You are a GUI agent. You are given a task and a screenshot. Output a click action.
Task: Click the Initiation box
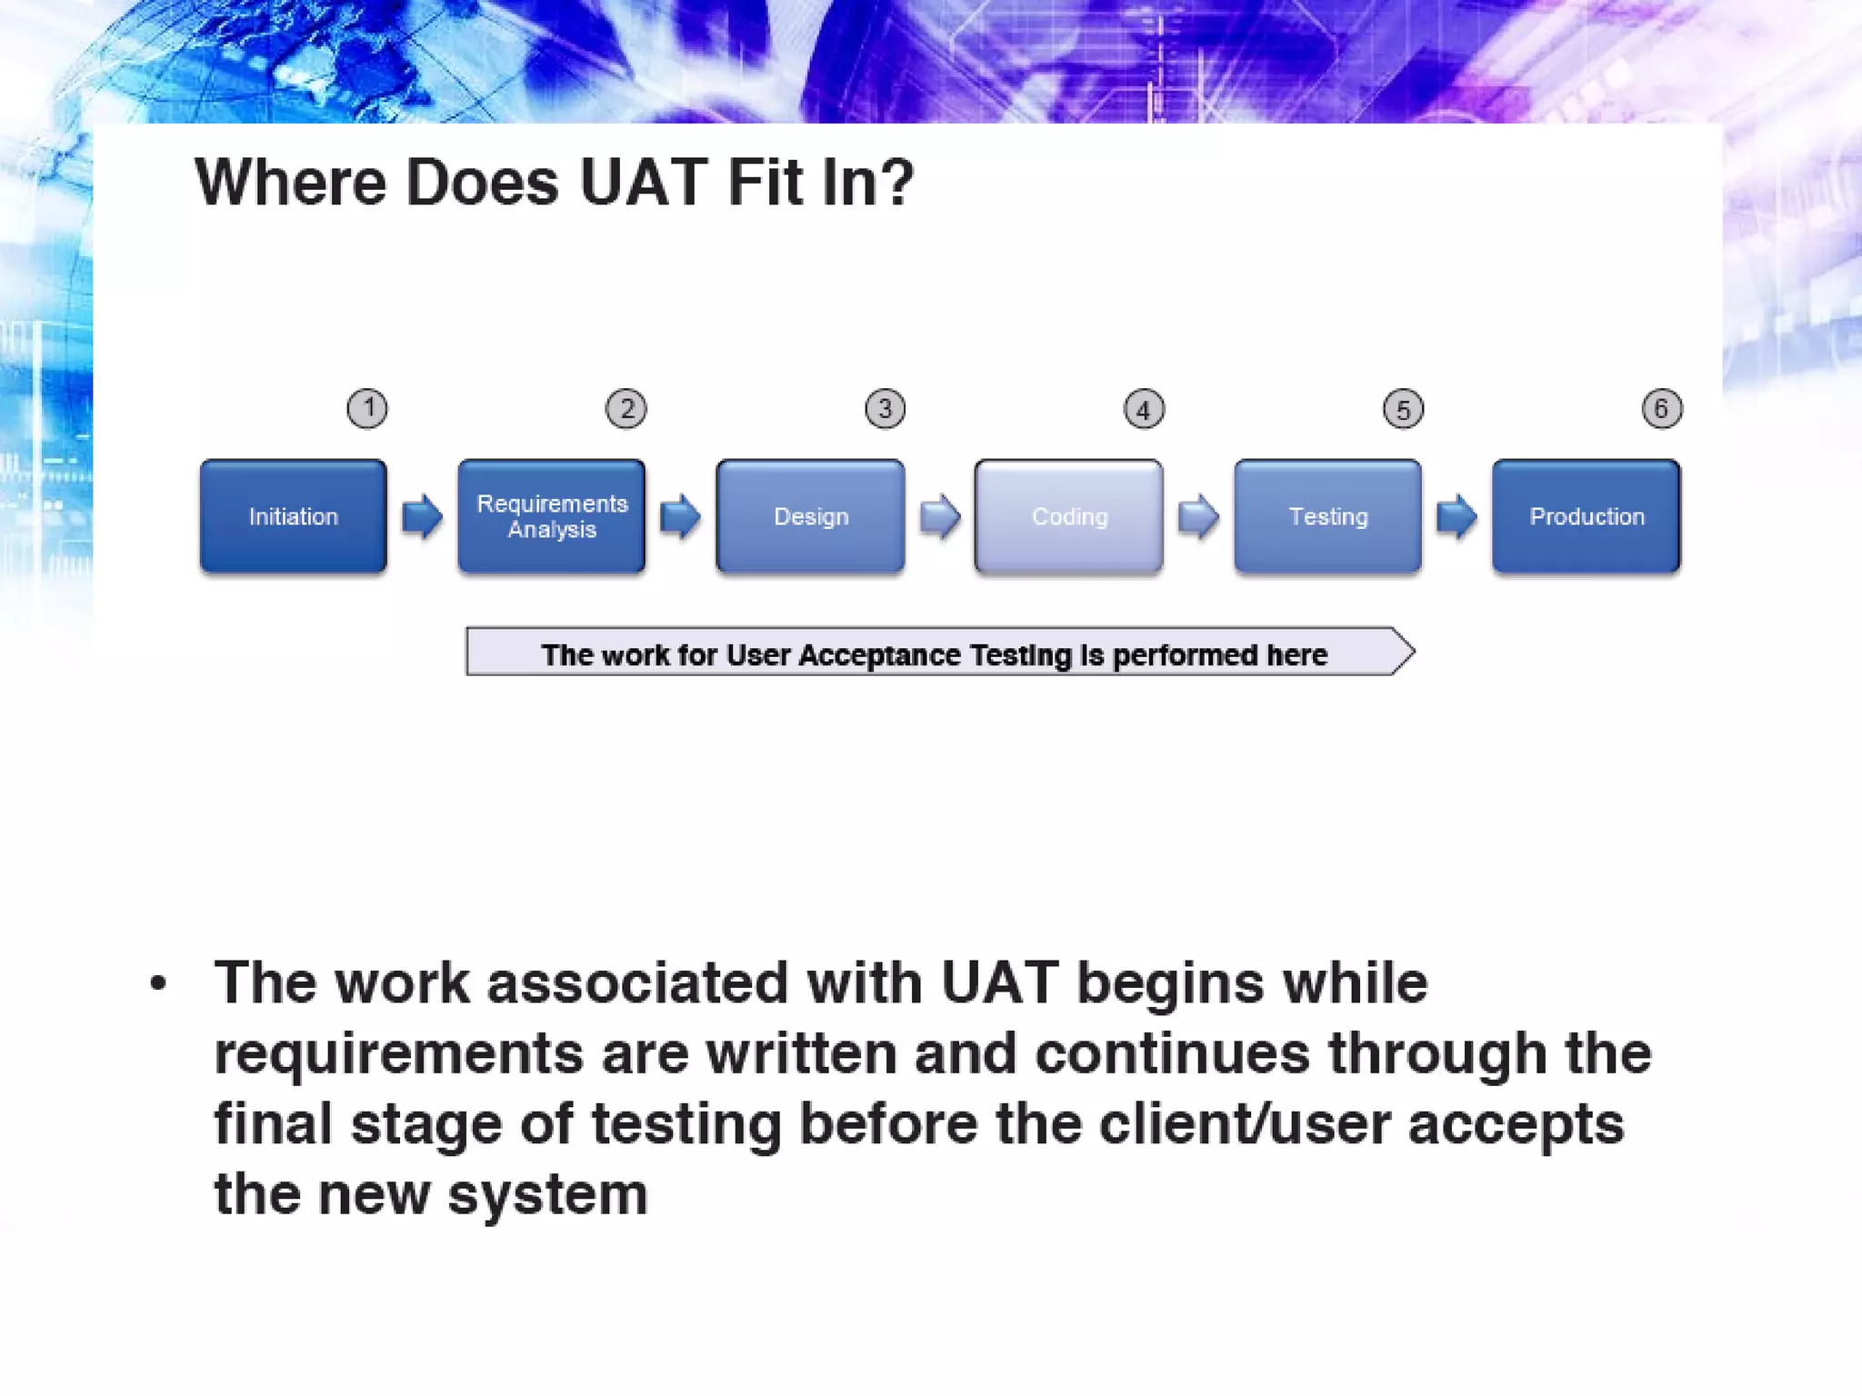(x=293, y=516)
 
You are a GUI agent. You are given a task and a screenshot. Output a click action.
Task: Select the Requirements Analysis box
(x=552, y=516)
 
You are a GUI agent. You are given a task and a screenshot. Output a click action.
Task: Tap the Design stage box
(x=810, y=516)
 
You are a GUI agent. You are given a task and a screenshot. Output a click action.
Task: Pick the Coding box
(x=1069, y=516)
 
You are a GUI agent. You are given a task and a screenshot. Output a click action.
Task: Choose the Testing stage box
(x=1327, y=516)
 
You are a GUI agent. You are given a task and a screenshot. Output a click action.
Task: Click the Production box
(x=1587, y=516)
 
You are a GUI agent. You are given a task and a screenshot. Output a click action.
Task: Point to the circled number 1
(x=367, y=409)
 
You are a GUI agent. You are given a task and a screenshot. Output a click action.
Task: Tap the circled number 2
(x=626, y=409)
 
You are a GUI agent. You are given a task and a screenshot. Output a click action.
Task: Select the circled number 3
(x=885, y=409)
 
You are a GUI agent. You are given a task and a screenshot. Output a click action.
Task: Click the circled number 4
(x=1144, y=410)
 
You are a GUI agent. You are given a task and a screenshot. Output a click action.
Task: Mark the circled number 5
(x=1403, y=410)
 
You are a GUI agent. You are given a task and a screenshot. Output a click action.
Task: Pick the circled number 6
(x=1661, y=409)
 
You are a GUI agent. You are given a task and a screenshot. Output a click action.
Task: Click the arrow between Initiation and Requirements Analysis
(x=422, y=516)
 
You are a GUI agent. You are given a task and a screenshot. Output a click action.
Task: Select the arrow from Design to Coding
(x=939, y=517)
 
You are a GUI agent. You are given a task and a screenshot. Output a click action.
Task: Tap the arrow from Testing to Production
(x=1457, y=516)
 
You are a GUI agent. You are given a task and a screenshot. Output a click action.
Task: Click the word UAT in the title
(x=643, y=183)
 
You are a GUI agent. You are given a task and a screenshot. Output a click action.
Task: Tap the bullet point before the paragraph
(x=158, y=983)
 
